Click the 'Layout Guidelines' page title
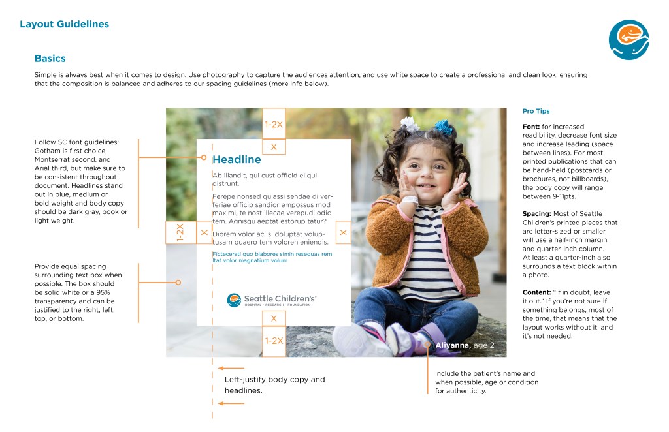coord(64,25)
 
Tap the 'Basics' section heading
coord(50,59)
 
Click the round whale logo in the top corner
coord(628,40)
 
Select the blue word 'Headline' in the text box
coord(237,160)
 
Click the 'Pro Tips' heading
coord(536,111)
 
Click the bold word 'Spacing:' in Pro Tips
coord(537,214)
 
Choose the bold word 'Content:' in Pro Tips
coord(538,292)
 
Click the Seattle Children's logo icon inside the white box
coord(234,300)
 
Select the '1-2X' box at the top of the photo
coord(274,123)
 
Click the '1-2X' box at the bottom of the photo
coord(274,341)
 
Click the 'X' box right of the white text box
coord(343,232)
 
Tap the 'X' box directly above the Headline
coord(274,147)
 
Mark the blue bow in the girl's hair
coord(444,127)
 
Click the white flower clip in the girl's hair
coord(410,123)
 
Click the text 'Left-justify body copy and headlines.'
coord(274,384)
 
